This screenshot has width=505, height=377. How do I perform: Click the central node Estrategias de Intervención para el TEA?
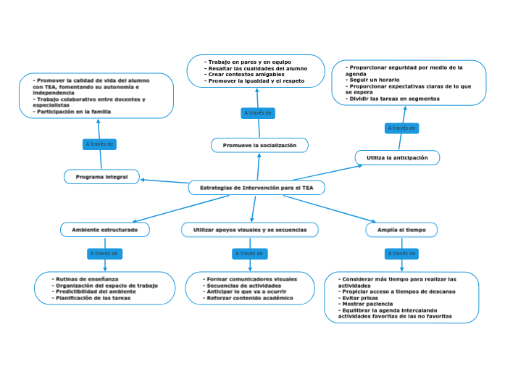click(x=256, y=188)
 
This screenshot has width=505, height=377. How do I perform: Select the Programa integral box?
click(x=101, y=177)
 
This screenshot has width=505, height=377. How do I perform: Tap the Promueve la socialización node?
click(x=259, y=146)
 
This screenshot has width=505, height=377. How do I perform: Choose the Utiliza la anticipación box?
click(x=397, y=157)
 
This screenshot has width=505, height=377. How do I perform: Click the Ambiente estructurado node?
click(x=104, y=230)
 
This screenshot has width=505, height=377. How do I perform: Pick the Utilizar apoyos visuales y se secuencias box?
click(x=249, y=230)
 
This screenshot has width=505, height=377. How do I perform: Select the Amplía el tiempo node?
click(x=401, y=230)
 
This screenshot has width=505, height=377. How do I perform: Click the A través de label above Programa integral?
click(x=99, y=144)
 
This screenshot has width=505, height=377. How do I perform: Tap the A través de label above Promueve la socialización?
click(x=258, y=113)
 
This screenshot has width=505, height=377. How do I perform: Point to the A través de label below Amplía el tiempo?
click(x=401, y=254)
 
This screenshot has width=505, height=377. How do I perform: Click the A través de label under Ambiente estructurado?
click(x=104, y=254)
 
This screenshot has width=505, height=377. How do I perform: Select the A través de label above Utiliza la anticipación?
click(x=401, y=128)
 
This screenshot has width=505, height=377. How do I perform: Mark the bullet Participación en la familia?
click(x=75, y=112)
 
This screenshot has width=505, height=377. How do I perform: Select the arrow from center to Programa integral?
click(x=165, y=182)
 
